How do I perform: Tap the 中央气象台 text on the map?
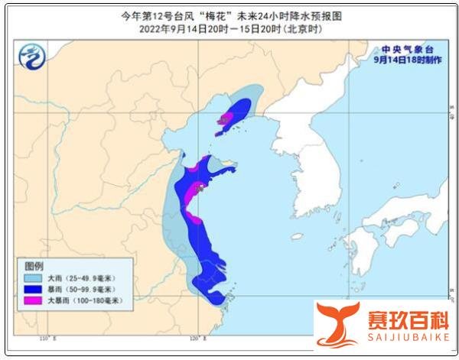(x=407, y=48)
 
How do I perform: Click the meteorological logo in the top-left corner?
(x=32, y=56)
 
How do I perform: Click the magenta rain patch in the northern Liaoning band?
(x=226, y=118)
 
